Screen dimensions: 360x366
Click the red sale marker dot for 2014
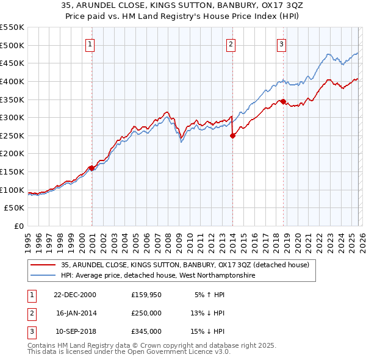[x=232, y=136]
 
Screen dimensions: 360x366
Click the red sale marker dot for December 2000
[x=91, y=168]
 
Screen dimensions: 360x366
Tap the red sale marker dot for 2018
[x=283, y=101]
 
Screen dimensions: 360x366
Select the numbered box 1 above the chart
[x=90, y=43]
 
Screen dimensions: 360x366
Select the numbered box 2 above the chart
[x=231, y=43]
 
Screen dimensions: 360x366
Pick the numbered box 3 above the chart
[x=282, y=43]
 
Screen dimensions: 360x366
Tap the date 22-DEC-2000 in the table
[x=74, y=294]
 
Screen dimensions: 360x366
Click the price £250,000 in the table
[x=146, y=312]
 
